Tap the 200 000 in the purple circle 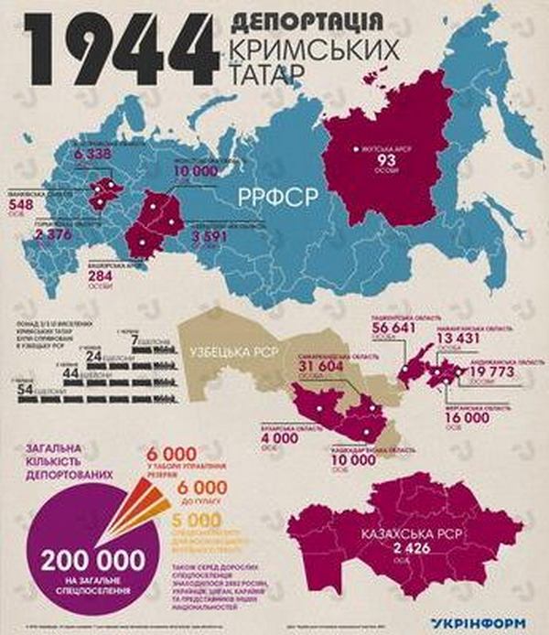tap(92, 556)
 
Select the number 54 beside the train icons tap(30, 392)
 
